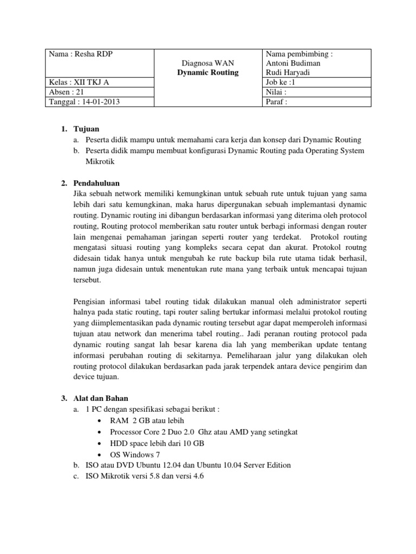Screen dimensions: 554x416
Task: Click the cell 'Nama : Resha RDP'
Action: tap(81, 54)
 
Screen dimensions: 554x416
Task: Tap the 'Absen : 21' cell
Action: tap(66, 92)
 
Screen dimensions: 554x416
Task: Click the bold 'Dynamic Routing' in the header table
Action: tap(208, 72)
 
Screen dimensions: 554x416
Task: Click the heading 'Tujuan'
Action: tap(86, 129)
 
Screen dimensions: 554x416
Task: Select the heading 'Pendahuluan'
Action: tap(96, 183)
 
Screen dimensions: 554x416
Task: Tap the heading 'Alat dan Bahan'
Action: tap(100, 398)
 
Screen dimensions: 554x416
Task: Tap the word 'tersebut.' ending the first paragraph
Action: tap(87, 281)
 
